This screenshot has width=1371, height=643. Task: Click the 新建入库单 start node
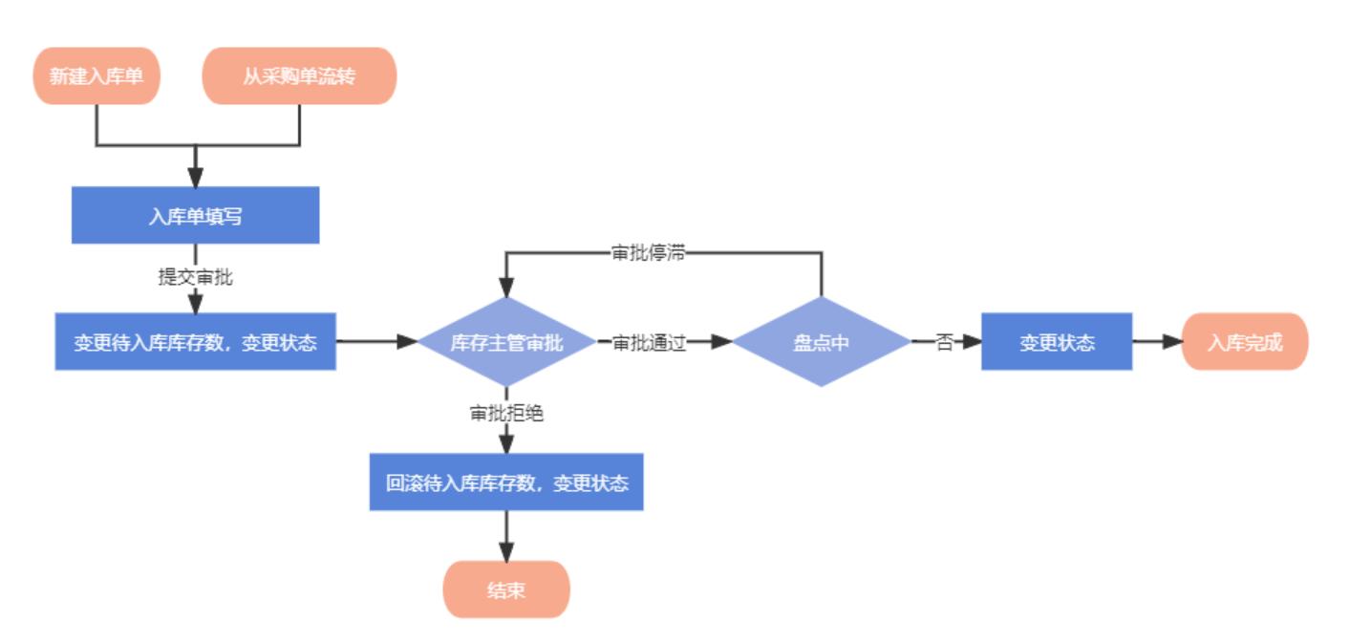point(96,75)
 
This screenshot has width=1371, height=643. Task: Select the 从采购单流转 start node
point(299,75)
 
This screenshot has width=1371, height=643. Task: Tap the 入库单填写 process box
point(195,216)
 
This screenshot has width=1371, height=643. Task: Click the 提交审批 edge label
point(195,278)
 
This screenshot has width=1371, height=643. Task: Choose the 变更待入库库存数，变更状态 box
point(195,342)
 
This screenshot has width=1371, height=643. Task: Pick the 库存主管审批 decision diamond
point(506,342)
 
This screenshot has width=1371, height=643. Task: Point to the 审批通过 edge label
point(650,342)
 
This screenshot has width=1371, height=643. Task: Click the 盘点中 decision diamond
point(821,342)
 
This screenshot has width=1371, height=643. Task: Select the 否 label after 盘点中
point(944,342)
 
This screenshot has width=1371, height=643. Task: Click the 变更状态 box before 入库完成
point(1057,342)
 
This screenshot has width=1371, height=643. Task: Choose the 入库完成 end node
point(1244,342)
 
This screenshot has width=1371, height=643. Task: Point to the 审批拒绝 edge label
point(506,414)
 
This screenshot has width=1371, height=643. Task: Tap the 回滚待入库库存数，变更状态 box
point(506,482)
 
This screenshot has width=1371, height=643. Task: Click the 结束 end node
point(506,589)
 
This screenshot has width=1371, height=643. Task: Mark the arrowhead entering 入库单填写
point(195,178)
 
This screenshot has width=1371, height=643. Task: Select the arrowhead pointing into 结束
point(506,551)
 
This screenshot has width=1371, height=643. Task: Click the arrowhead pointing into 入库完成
point(1172,342)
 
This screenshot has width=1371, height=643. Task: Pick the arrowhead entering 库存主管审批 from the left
point(409,342)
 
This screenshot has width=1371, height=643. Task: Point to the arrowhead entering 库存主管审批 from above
point(506,288)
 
